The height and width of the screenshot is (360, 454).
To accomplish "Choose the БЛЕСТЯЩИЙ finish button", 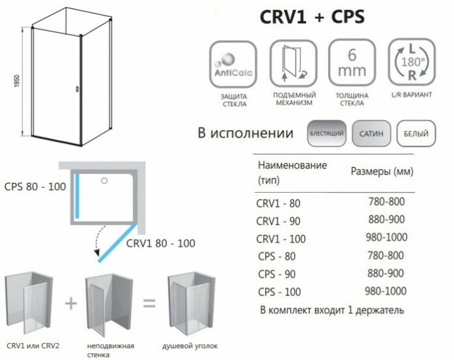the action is (327, 134).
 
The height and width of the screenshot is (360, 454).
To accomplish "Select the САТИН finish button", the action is (371, 134).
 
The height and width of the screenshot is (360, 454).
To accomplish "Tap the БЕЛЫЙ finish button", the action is (415, 134).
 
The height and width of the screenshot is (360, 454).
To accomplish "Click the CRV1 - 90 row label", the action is (279, 220).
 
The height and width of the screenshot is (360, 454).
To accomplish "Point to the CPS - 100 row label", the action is (281, 291).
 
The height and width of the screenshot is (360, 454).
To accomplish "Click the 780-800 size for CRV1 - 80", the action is (386, 202).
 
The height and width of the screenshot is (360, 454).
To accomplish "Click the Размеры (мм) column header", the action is (382, 171).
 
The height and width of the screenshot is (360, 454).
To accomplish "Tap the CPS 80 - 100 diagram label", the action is (35, 187).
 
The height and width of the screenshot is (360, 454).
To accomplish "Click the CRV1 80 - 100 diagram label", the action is (160, 243).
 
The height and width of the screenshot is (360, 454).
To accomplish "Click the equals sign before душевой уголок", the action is (149, 303).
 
